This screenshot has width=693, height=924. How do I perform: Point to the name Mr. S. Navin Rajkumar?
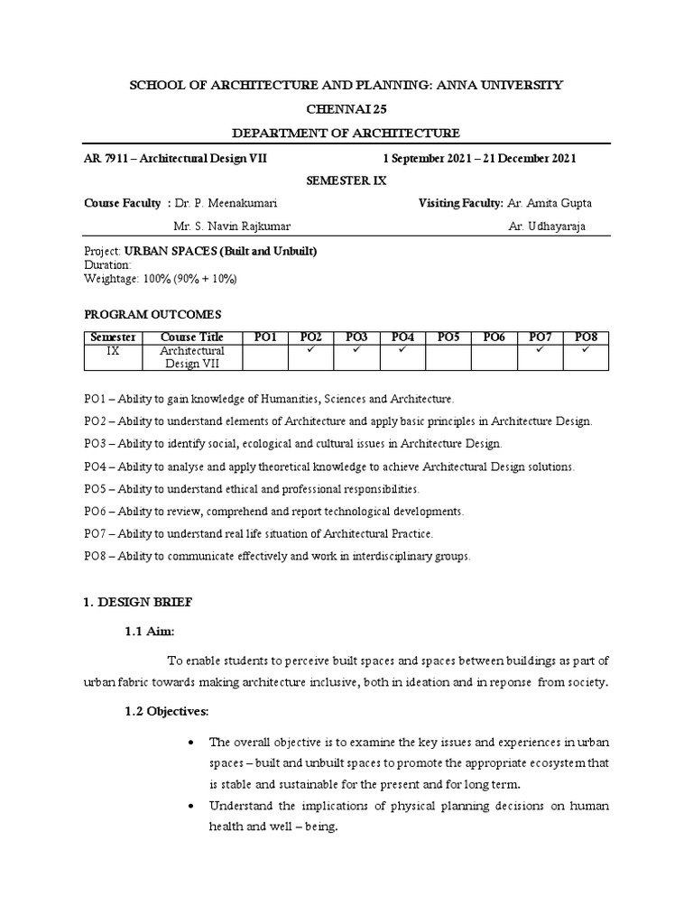232,226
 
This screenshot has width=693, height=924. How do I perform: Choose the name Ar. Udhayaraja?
547,226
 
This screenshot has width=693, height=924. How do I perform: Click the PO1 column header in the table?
266,337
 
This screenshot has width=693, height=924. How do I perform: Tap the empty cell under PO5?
448,356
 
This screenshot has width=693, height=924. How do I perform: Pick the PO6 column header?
494,337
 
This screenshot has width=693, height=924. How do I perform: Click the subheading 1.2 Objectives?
166,712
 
